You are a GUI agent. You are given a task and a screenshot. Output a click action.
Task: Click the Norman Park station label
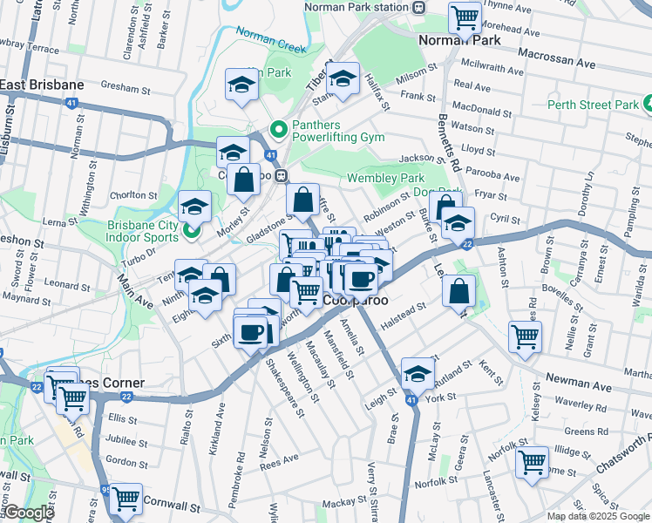(357, 7)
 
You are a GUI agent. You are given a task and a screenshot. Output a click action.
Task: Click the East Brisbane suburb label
(42, 85)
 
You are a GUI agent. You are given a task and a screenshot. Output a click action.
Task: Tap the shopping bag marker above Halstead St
(458, 291)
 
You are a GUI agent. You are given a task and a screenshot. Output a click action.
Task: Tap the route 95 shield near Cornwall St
(106, 490)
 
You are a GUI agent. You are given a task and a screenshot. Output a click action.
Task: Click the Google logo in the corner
(28, 513)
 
